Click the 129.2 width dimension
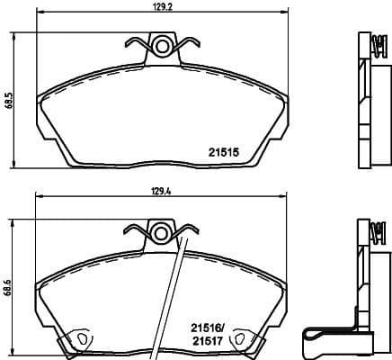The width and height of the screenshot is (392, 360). coord(162,11)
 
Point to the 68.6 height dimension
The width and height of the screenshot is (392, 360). coord(7,288)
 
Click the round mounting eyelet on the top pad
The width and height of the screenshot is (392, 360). coord(162,45)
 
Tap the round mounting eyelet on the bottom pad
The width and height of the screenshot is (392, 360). coord(162,232)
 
